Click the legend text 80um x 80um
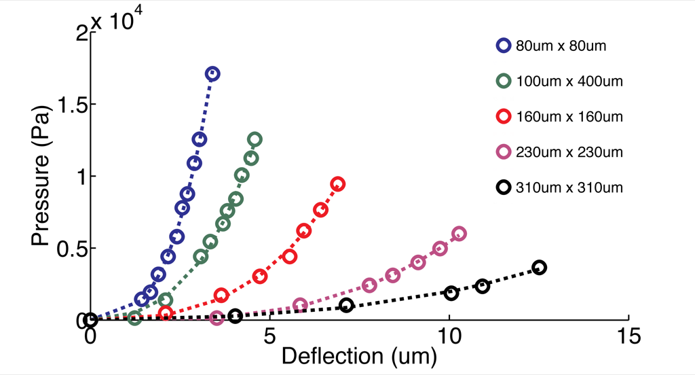point(561,46)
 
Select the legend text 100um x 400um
point(569,82)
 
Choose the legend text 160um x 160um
point(569,117)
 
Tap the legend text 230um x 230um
point(569,152)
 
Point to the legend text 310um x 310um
point(569,187)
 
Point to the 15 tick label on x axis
point(628,336)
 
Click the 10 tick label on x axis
point(449,336)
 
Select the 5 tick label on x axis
point(269,336)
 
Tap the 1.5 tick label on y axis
point(71,105)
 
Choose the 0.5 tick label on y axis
point(71,249)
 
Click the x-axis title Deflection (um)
point(359,357)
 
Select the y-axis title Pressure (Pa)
point(40,176)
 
